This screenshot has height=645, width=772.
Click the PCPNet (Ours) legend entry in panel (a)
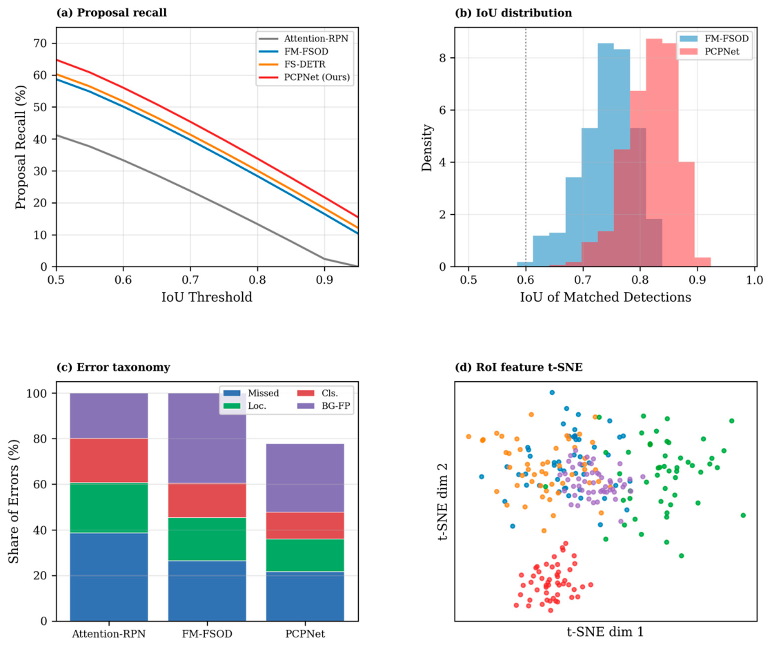pyautogui.click(x=304, y=77)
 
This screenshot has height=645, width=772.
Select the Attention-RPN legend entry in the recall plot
pyautogui.click(x=304, y=39)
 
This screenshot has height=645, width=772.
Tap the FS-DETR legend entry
pyautogui.click(x=293, y=64)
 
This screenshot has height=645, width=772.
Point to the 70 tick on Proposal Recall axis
pyautogui.click(x=41, y=44)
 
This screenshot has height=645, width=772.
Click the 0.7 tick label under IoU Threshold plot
pyautogui.click(x=190, y=280)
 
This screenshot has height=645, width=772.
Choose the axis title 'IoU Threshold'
pyautogui.click(x=207, y=297)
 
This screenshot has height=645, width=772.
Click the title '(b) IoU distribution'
pyautogui.click(x=513, y=13)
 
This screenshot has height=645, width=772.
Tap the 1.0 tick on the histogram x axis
pyautogui.click(x=755, y=280)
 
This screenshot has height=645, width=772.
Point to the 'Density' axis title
pyautogui.click(x=427, y=148)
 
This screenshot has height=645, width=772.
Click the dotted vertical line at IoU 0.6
pyautogui.click(x=526, y=147)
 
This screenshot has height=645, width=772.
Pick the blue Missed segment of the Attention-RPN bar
pyautogui.click(x=109, y=577)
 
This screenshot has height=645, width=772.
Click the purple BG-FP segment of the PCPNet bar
pyautogui.click(x=305, y=478)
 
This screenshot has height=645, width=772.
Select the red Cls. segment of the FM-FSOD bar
pyautogui.click(x=207, y=500)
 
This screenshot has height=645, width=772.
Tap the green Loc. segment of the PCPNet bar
pyautogui.click(x=305, y=555)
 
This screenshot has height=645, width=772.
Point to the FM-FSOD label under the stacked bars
pyautogui.click(x=207, y=634)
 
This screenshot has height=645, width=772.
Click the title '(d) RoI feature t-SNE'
pyautogui.click(x=519, y=367)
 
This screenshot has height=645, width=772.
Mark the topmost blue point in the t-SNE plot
pyautogui.click(x=552, y=393)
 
